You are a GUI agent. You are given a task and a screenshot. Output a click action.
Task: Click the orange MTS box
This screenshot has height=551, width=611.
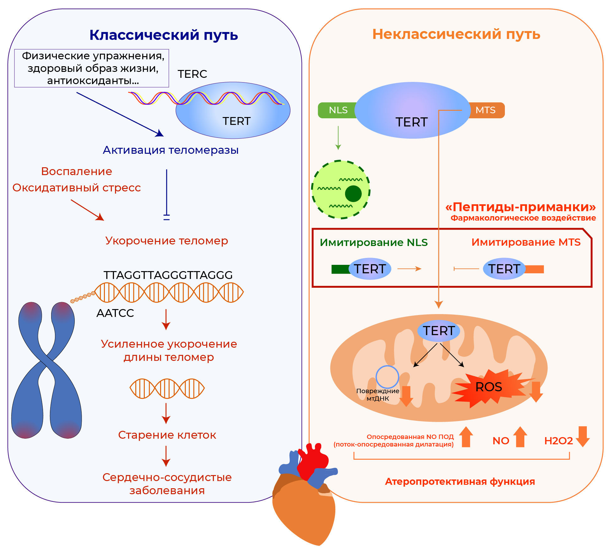[486, 110]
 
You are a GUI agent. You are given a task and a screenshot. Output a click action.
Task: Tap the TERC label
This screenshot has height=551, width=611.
[192, 74]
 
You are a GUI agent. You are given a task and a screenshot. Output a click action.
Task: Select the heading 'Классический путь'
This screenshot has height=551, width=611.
[164, 35]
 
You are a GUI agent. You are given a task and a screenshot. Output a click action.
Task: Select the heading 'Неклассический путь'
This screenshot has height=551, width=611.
[456, 34]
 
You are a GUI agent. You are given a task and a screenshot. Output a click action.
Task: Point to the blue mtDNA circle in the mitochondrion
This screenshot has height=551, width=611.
[387, 377]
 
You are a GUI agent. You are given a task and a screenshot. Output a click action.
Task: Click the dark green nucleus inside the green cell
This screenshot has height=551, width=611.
[353, 194]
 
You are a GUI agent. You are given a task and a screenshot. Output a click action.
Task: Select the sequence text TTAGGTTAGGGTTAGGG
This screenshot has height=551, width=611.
[168, 275]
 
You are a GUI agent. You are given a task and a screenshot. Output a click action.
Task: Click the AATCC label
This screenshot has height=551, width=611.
[115, 313]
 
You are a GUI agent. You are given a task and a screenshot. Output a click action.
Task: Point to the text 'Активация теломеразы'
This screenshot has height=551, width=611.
[170, 150]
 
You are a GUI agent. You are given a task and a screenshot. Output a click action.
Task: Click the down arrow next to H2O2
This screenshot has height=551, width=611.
[583, 436]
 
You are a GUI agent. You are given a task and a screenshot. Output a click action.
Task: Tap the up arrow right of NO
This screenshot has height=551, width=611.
[520, 437]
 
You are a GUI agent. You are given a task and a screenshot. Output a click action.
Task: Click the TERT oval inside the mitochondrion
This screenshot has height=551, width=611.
[439, 331]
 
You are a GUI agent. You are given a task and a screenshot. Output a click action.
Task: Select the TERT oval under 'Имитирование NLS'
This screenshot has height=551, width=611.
[370, 269]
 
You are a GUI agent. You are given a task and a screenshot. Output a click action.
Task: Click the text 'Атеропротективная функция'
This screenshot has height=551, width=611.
[460, 481]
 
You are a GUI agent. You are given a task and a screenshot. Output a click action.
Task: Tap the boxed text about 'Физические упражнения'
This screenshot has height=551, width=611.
[92, 68]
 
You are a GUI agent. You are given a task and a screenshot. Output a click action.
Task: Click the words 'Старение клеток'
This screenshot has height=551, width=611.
[167, 435]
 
